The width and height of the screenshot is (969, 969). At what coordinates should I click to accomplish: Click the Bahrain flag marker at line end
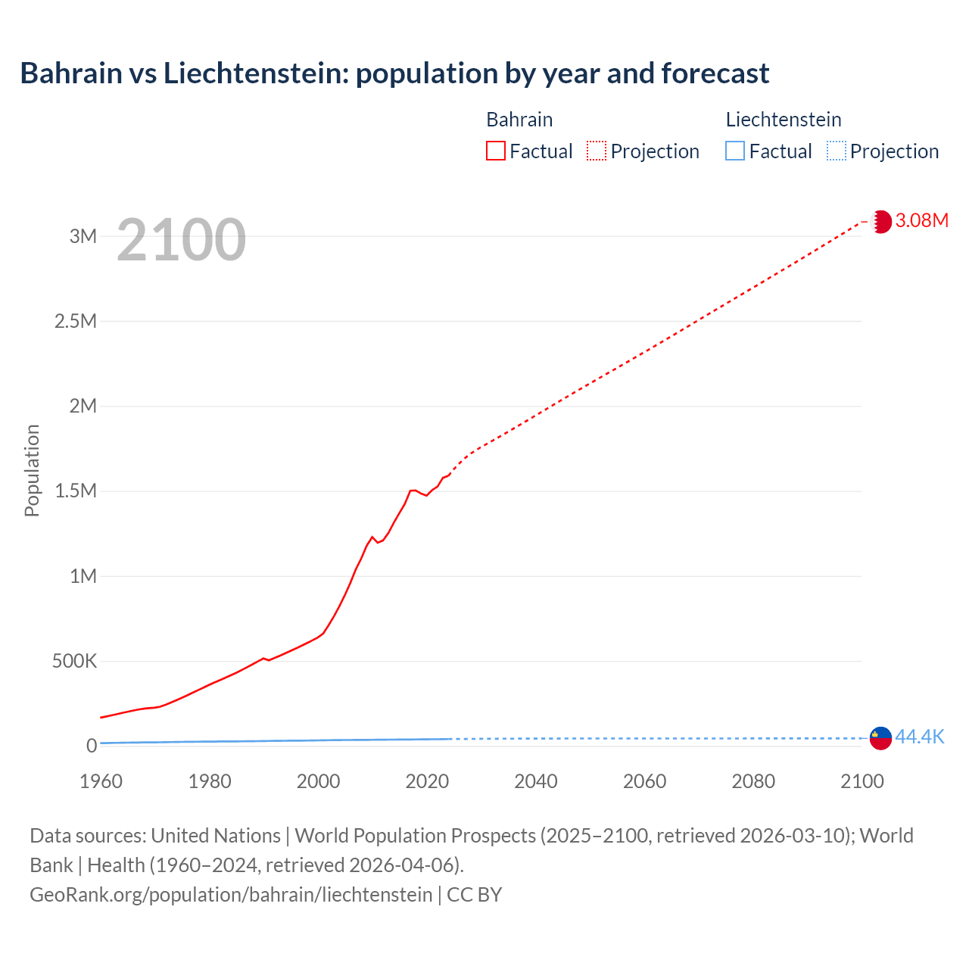tap(880, 221)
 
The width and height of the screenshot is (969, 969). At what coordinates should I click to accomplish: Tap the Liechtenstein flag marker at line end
tap(880, 737)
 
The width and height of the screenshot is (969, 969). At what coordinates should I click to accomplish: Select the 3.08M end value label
tap(921, 220)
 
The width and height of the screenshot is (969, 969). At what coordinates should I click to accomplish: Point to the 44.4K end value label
tap(920, 737)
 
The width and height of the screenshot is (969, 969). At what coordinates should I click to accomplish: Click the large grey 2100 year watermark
tap(181, 240)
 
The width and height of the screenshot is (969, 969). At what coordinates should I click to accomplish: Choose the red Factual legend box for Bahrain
tap(495, 151)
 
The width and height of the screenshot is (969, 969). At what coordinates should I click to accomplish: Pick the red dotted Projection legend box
tap(597, 151)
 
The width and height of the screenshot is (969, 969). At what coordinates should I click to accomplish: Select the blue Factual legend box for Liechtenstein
tap(734, 151)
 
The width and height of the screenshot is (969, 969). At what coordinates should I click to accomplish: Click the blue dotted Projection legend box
tap(837, 151)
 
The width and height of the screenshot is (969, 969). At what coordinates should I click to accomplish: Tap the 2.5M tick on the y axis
tap(75, 321)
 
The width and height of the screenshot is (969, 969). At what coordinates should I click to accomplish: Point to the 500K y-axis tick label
tap(74, 661)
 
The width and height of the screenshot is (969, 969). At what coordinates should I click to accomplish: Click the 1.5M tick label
tap(75, 491)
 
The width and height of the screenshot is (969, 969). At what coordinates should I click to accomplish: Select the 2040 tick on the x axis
tap(535, 781)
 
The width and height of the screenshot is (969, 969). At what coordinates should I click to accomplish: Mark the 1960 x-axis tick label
tap(101, 781)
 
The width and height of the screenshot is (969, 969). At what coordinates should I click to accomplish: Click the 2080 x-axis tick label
tap(753, 781)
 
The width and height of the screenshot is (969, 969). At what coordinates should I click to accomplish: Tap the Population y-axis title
tap(32, 470)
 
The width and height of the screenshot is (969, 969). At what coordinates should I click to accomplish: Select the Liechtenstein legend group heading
tap(783, 120)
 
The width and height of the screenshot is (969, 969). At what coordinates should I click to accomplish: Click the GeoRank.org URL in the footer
tap(231, 895)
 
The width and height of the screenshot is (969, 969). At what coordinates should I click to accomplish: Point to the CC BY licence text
tap(474, 895)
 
